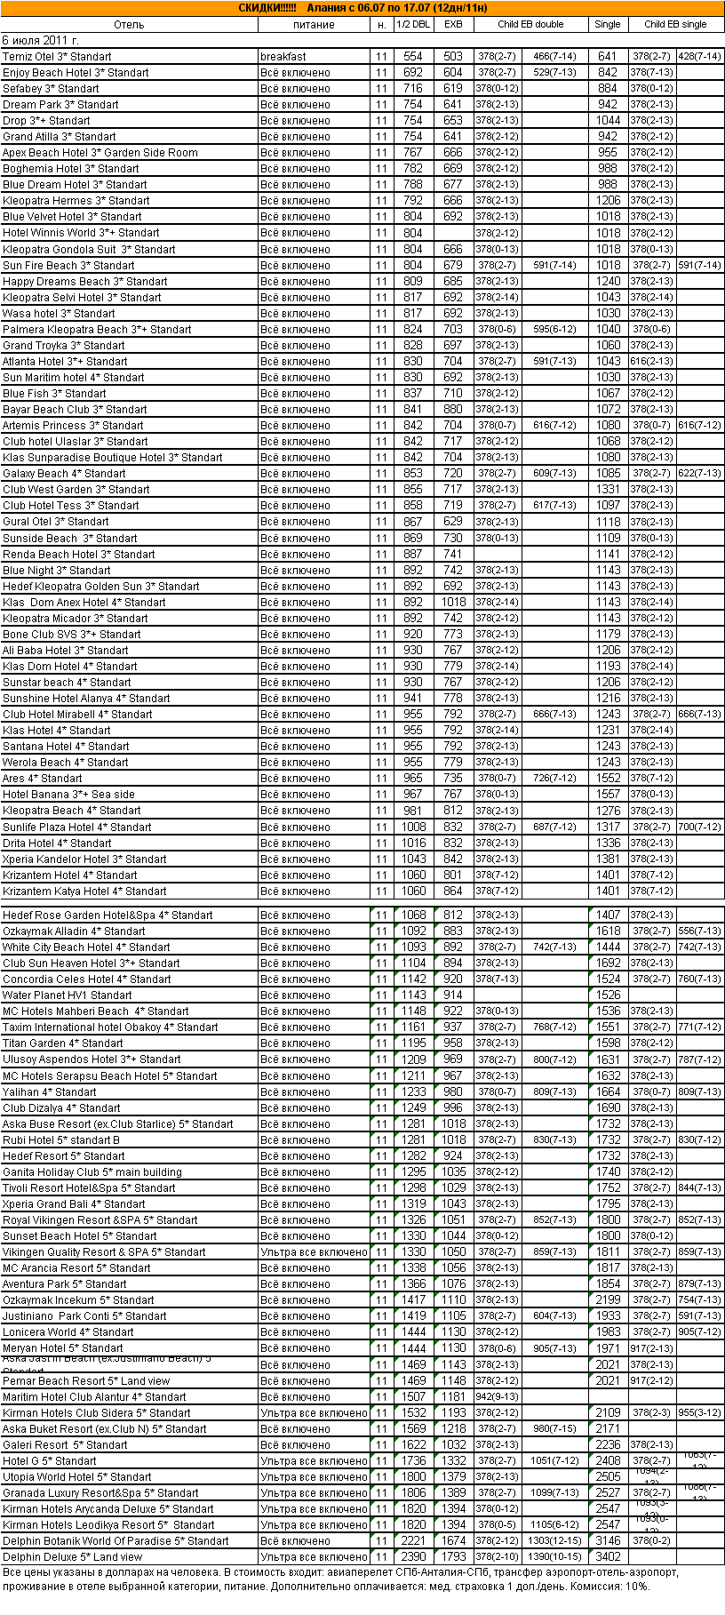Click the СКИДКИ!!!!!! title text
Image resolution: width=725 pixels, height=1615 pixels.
click(267, 8)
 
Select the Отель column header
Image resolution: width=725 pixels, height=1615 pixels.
click(129, 25)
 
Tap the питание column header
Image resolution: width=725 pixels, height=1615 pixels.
click(314, 25)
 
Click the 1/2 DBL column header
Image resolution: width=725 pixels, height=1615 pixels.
click(413, 25)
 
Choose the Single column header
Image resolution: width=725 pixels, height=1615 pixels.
click(608, 25)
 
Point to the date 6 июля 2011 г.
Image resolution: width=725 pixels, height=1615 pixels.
click(41, 41)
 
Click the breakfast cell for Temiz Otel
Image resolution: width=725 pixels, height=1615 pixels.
click(283, 57)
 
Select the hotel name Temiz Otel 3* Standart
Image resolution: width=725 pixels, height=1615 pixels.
click(57, 57)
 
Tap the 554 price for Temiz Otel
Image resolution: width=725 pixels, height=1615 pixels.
click(413, 57)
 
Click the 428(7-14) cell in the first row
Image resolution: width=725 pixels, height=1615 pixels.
click(699, 57)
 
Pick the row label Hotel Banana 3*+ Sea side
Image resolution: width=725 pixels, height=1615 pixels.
click(69, 795)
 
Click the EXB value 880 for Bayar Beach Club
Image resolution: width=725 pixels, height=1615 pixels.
click(453, 410)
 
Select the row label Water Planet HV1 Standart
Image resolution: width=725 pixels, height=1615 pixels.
click(68, 995)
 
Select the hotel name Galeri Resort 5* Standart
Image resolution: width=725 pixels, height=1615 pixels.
click(65, 1445)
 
